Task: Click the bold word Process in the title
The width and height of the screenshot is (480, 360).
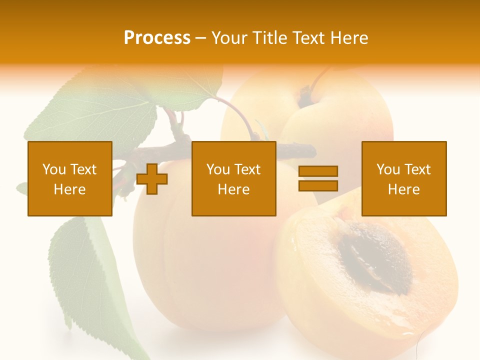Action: (157, 38)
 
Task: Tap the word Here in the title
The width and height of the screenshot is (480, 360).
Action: (348, 38)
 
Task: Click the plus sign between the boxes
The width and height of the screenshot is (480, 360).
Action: (152, 179)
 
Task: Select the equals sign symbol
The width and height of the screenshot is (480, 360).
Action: (318, 178)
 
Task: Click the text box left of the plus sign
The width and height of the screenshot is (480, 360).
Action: (70, 178)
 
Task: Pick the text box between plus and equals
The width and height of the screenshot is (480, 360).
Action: (233, 178)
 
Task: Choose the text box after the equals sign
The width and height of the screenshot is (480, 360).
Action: (403, 178)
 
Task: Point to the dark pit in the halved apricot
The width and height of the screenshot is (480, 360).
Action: (375, 257)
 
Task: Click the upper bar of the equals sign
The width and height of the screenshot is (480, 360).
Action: (318, 171)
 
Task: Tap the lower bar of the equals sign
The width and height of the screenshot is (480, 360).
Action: (318, 185)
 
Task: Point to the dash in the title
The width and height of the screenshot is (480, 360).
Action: (200, 38)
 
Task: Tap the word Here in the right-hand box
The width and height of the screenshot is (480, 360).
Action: (403, 189)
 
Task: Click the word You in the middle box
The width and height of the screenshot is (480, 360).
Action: (218, 169)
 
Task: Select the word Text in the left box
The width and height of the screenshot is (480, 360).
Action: (83, 169)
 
